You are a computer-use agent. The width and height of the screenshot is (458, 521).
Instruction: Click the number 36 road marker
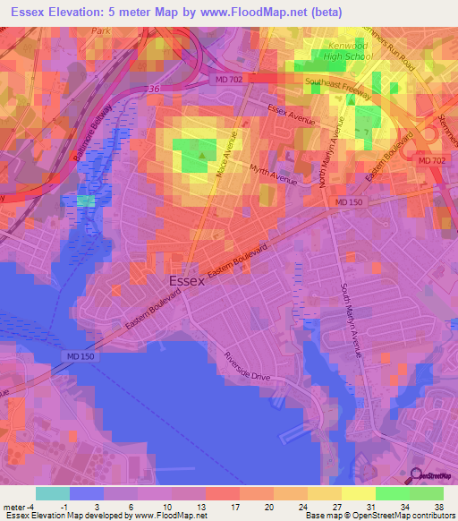pos(154,89)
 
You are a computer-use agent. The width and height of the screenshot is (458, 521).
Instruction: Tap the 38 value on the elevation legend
pos(438,506)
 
